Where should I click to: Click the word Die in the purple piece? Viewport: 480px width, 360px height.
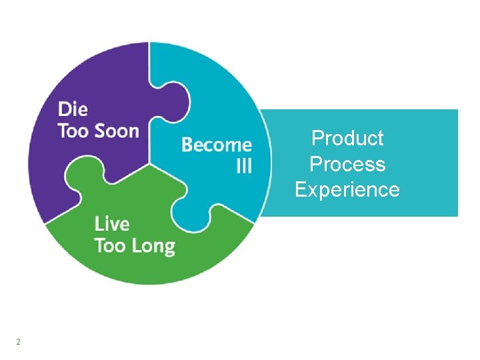point(73,109)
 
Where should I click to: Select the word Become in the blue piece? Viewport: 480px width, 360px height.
point(216,145)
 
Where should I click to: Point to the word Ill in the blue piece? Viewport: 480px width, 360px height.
point(244,166)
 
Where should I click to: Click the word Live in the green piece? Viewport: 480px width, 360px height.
point(111,224)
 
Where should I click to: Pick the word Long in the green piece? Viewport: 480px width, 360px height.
point(153,245)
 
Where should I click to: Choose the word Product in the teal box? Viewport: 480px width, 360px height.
point(347,139)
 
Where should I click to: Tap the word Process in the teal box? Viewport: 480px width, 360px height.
point(347,164)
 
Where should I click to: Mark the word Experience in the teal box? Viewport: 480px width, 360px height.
point(347,190)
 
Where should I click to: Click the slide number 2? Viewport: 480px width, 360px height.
point(18,342)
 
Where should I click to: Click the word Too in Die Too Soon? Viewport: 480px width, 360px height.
point(73,130)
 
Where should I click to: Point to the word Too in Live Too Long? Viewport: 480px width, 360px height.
point(110,245)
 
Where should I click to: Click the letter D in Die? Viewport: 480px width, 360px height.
point(64,109)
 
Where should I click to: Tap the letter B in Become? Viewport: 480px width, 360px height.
point(187,145)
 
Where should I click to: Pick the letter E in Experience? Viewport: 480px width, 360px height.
point(300,190)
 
